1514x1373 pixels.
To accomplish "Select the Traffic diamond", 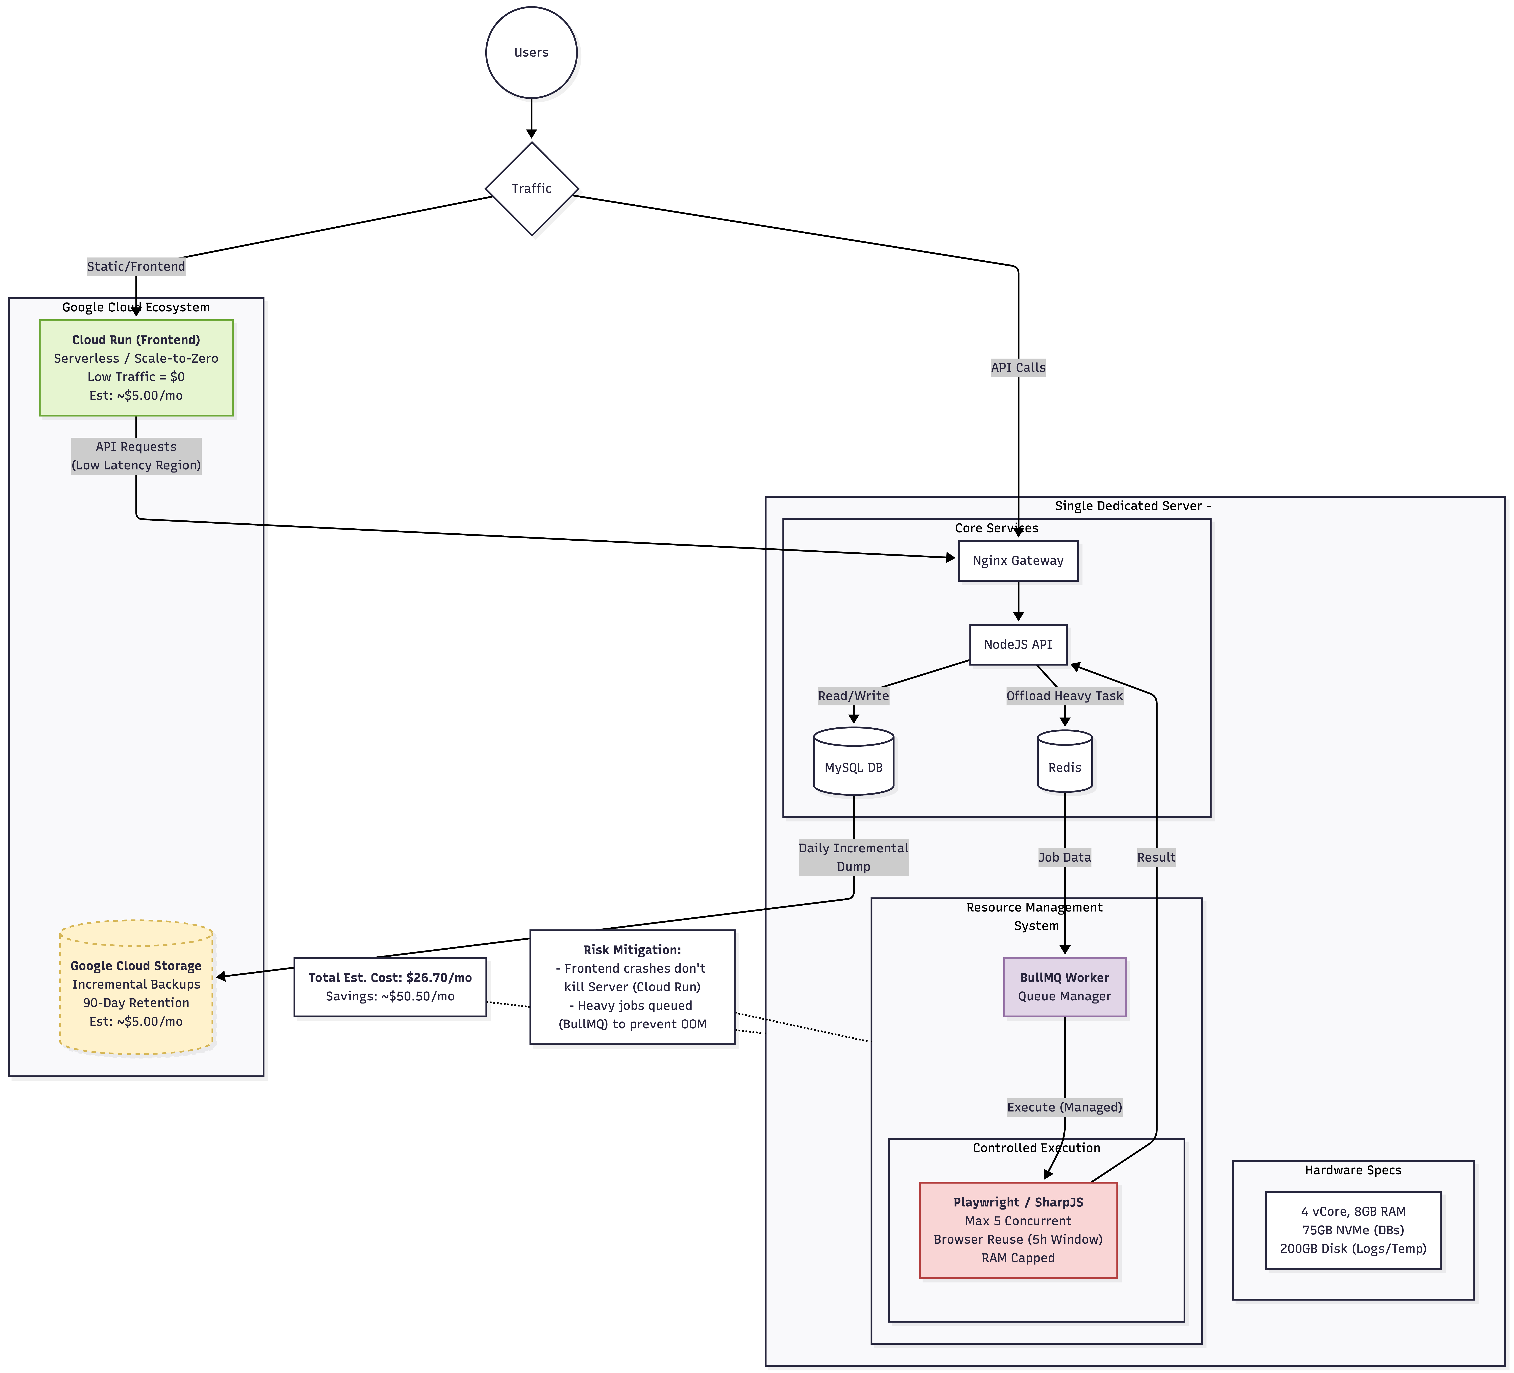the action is coord(532,189).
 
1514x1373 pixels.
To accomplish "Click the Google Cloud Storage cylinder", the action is coord(136,988).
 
